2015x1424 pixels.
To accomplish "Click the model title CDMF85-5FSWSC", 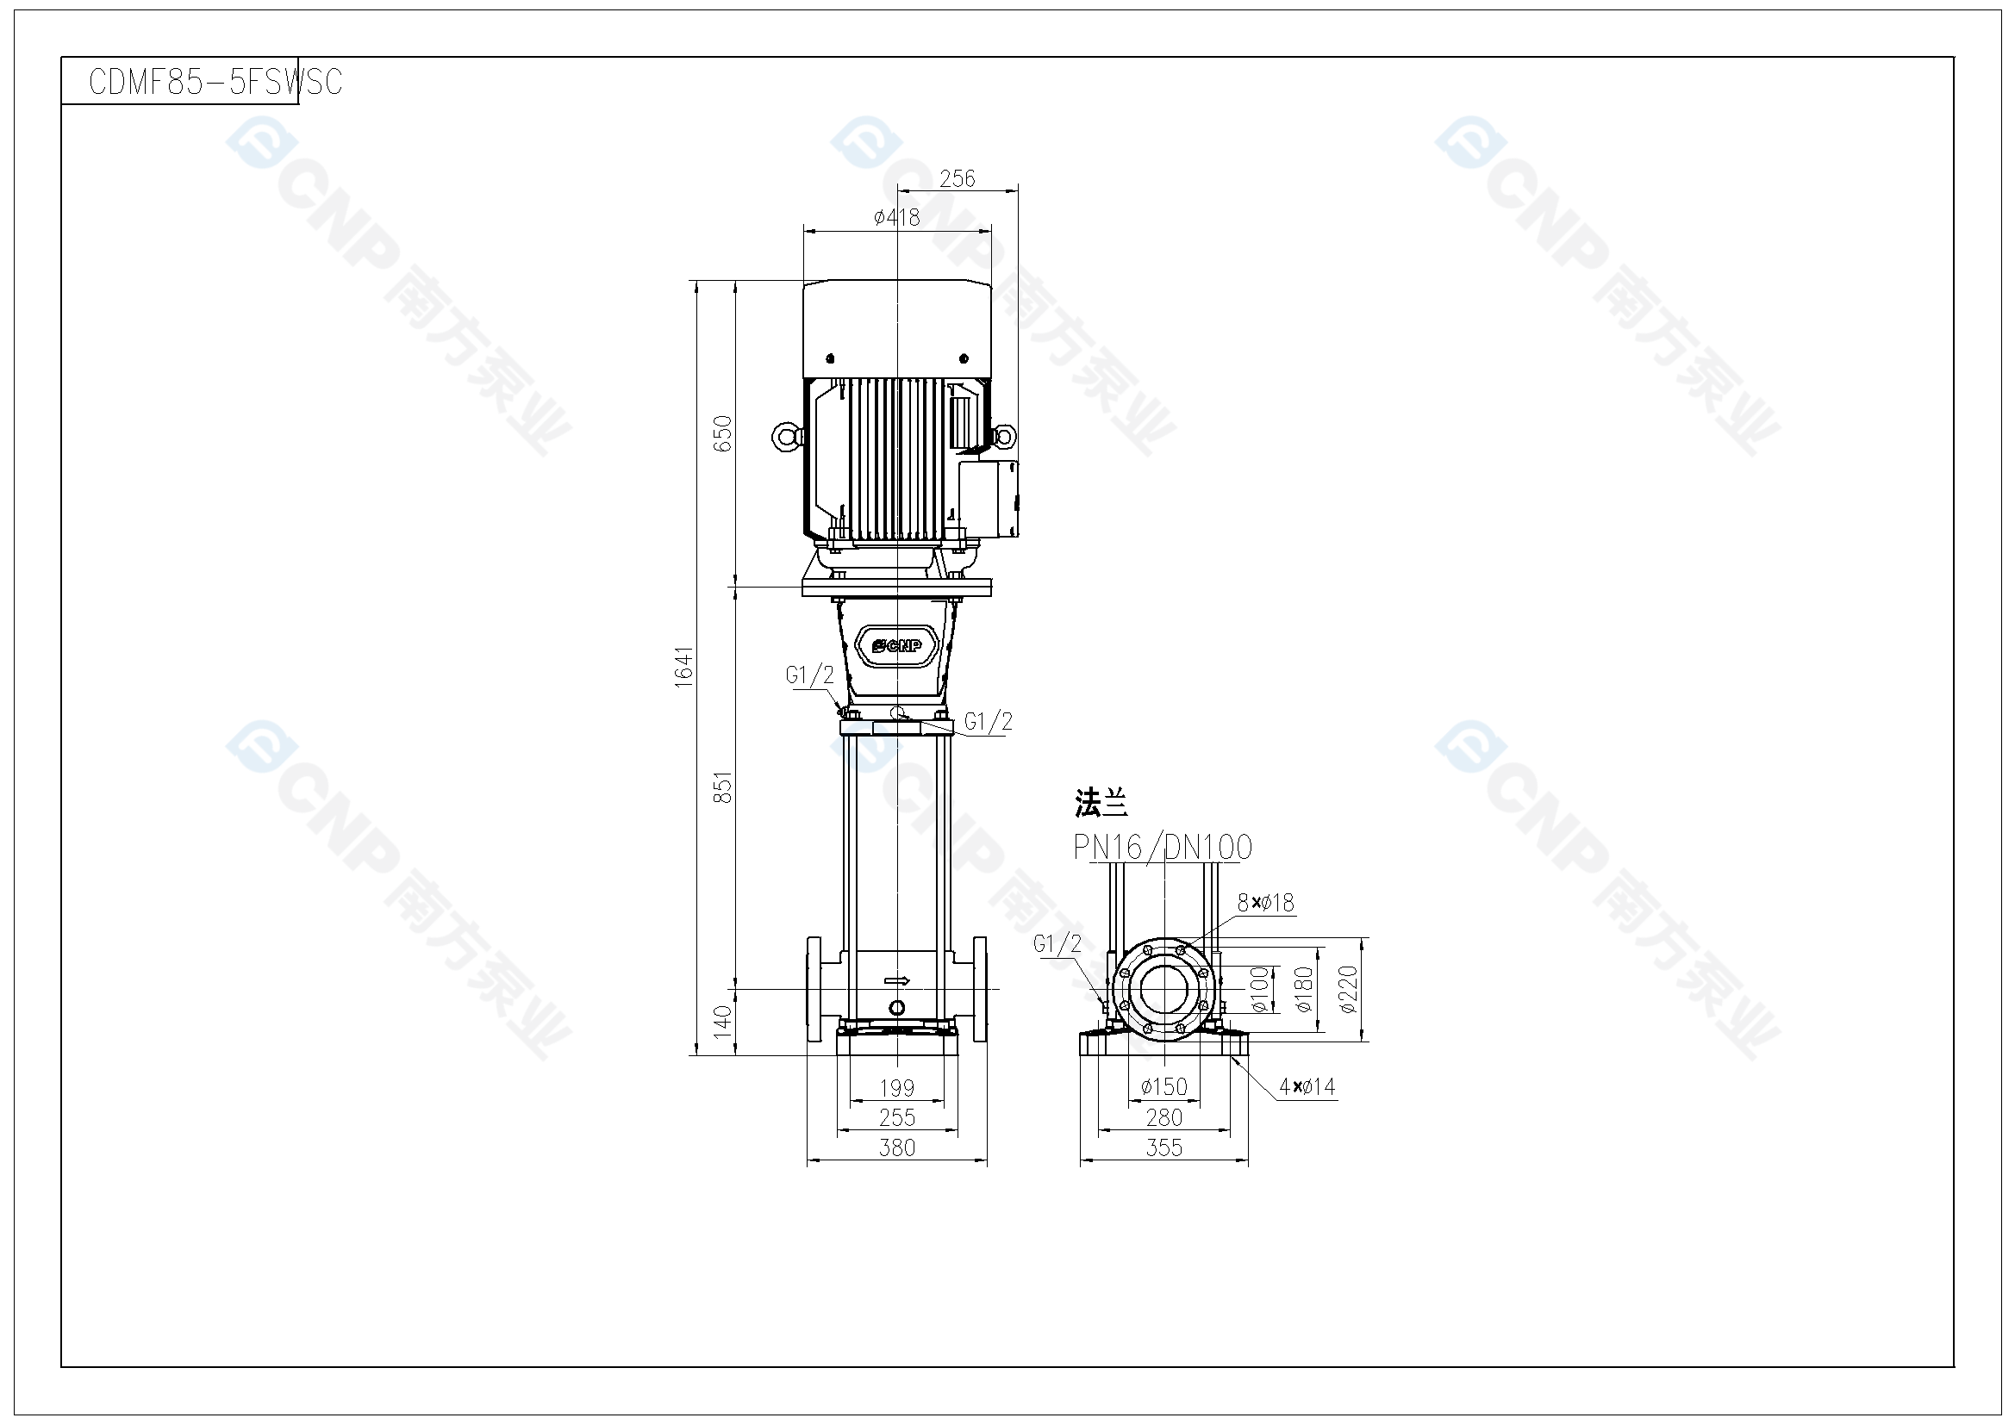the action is click(215, 82).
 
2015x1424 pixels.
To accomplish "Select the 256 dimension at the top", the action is click(957, 179).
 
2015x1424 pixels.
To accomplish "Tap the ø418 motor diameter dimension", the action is click(897, 217).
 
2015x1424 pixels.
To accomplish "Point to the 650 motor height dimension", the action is click(722, 433).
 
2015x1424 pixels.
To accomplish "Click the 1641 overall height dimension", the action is click(684, 667).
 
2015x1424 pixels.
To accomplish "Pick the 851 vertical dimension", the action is click(722, 787).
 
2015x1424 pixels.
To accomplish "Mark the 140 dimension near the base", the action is click(722, 1023).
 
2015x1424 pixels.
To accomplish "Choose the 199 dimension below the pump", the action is click(897, 1088).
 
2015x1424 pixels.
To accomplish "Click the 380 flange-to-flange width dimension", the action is click(897, 1147).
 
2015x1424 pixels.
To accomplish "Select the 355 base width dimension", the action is click(1163, 1147).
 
